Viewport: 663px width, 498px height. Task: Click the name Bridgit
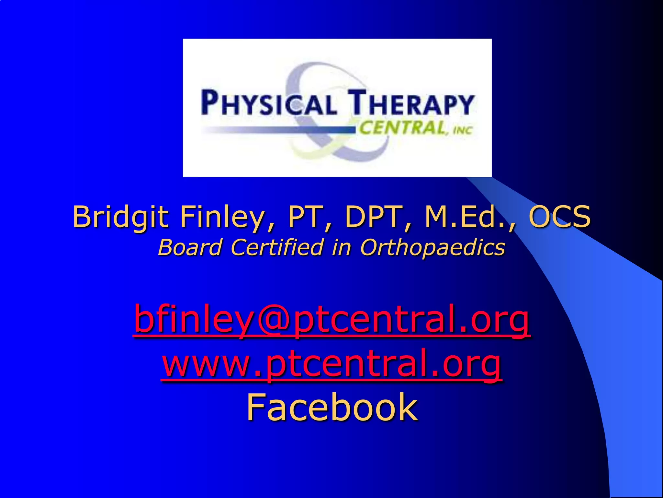pos(121,217)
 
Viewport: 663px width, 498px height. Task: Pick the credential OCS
pos(559,217)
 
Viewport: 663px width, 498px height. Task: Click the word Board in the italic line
pos(190,247)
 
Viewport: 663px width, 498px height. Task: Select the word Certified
pos(277,247)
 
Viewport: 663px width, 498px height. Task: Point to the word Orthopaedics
pos(433,247)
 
